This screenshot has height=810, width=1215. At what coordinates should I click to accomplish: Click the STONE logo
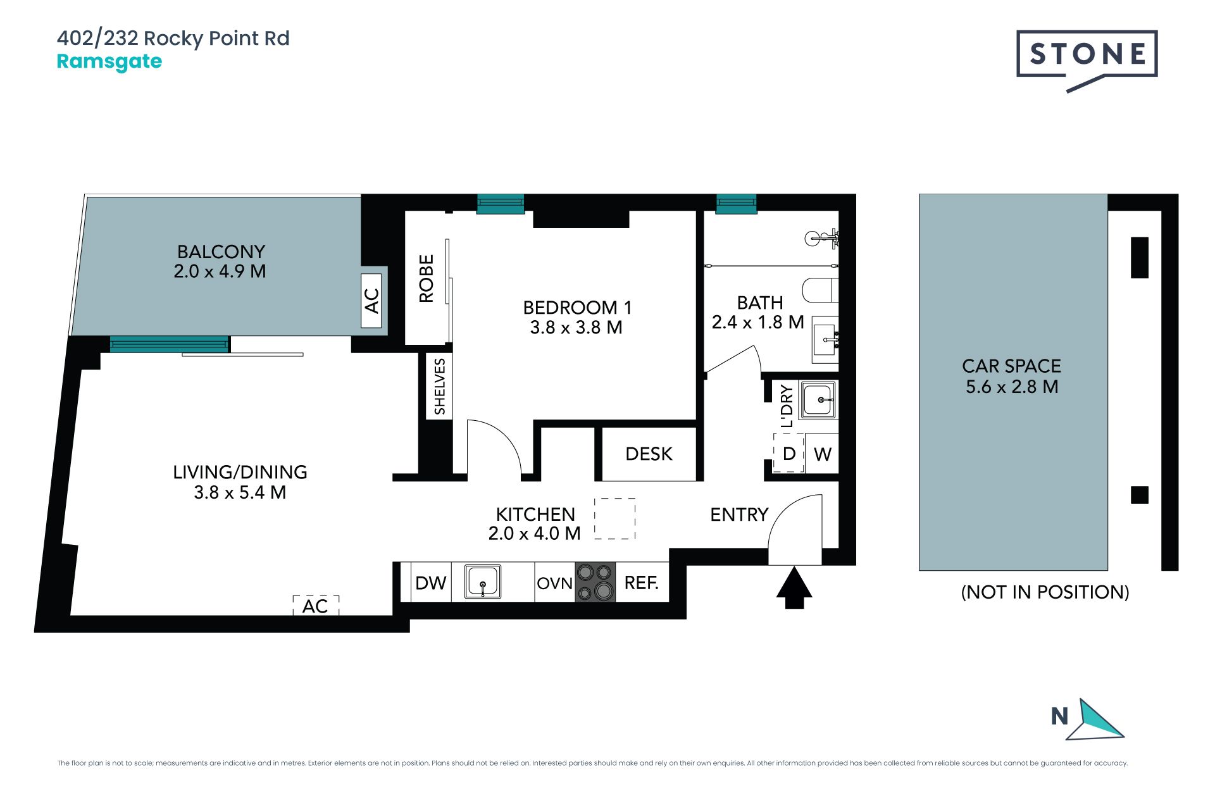(1087, 60)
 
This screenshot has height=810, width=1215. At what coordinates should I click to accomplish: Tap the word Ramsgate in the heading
(109, 61)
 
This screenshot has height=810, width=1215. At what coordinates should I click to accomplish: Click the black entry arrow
(794, 588)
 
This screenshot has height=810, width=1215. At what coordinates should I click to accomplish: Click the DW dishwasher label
(431, 583)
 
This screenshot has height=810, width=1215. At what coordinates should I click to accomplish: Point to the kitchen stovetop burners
(595, 582)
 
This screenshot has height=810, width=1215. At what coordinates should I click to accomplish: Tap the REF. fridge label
(641, 583)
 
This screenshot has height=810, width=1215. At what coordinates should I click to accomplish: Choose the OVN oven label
(554, 583)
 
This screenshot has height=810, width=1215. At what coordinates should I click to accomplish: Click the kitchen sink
(483, 582)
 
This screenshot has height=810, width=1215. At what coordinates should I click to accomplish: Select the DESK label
(649, 454)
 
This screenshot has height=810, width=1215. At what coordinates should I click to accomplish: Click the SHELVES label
(440, 387)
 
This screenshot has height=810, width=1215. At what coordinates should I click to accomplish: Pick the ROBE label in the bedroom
(427, 278)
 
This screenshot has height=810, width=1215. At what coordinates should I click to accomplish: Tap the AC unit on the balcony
(371, 301)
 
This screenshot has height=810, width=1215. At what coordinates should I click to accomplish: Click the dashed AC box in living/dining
(316, 606)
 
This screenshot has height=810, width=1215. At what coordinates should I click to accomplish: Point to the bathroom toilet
(820, 290)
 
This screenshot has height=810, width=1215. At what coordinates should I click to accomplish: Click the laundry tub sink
(818, 399)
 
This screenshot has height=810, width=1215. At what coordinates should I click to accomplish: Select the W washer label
(822, 454)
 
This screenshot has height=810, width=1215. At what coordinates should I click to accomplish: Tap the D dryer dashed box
(789, 453)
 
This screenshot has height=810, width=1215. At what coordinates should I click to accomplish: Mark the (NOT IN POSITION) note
(1045, 592)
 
